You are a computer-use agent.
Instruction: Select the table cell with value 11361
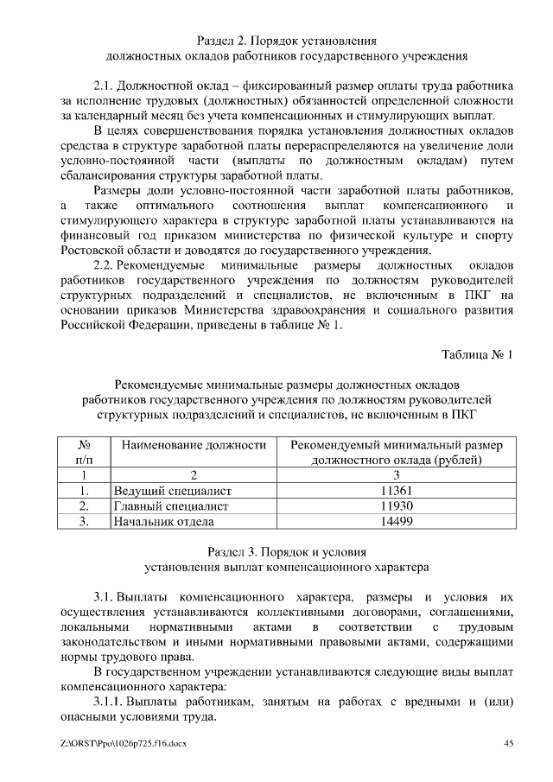(x=396, y=491)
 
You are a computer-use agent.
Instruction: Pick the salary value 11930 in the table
(x=396, y=505)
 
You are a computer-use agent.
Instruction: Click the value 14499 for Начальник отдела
(x=396, y=521)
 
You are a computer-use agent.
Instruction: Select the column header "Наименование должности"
(x=193, y=445)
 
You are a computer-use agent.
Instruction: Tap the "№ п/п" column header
(x=85, y=452)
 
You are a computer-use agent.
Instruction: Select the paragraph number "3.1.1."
(x=110, y=701)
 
